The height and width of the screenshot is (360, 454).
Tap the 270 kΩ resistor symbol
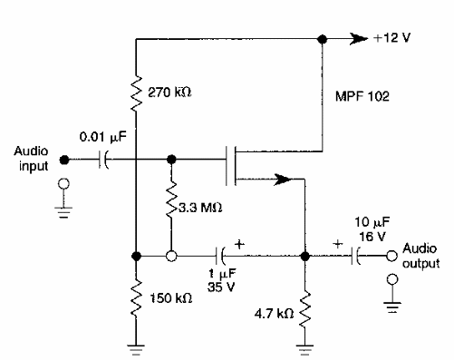click(136, 92)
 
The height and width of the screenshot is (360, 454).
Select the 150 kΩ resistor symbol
click(136, 295)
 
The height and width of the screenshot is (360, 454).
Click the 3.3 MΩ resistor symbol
click(171, 204)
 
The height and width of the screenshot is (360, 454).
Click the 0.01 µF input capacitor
click(104, 159)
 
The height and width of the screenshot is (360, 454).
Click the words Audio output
click(420, 257)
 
